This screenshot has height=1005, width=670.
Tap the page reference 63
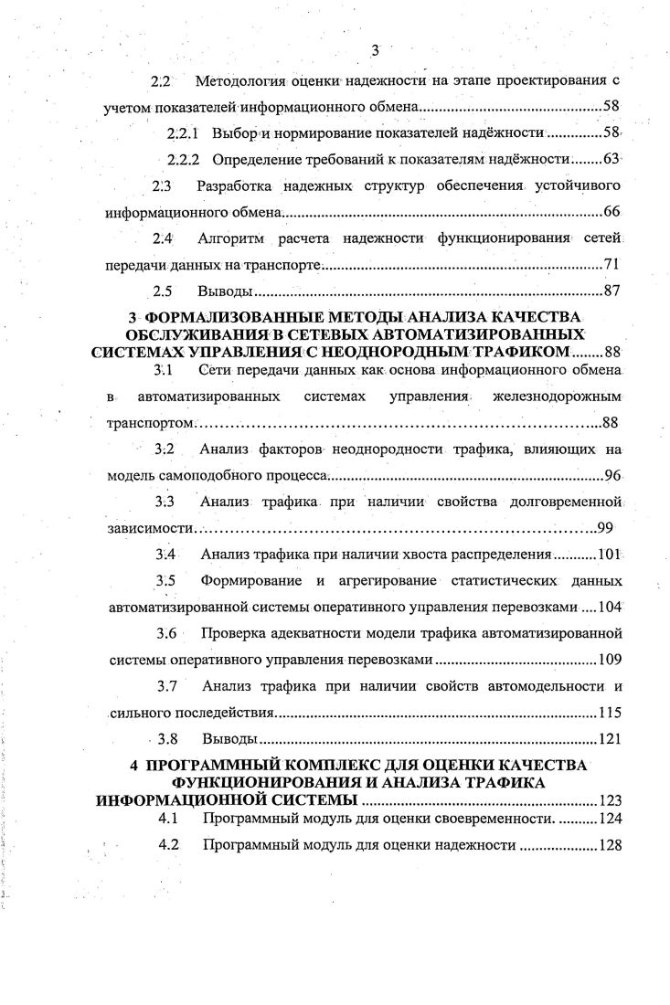(x=612, y=160)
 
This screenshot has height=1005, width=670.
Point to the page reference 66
(x=612, y=213)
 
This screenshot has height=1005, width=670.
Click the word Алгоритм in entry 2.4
(x=229, y=239)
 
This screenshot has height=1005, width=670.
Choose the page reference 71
(x=612, y=266)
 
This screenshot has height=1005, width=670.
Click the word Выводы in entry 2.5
(x=224, y=292)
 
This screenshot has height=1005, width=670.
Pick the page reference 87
(x=612, y=292)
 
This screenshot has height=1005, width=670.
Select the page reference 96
(x=612, y=476)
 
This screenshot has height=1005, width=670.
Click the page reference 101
(x=608, y=555)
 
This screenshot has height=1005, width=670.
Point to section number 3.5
(x=165, y=581)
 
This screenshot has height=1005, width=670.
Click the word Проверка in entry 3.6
(x=234, y=633)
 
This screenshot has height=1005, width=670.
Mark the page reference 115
(x=608, y=713)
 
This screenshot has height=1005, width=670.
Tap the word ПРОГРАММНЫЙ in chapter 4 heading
(x=210, y=765)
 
